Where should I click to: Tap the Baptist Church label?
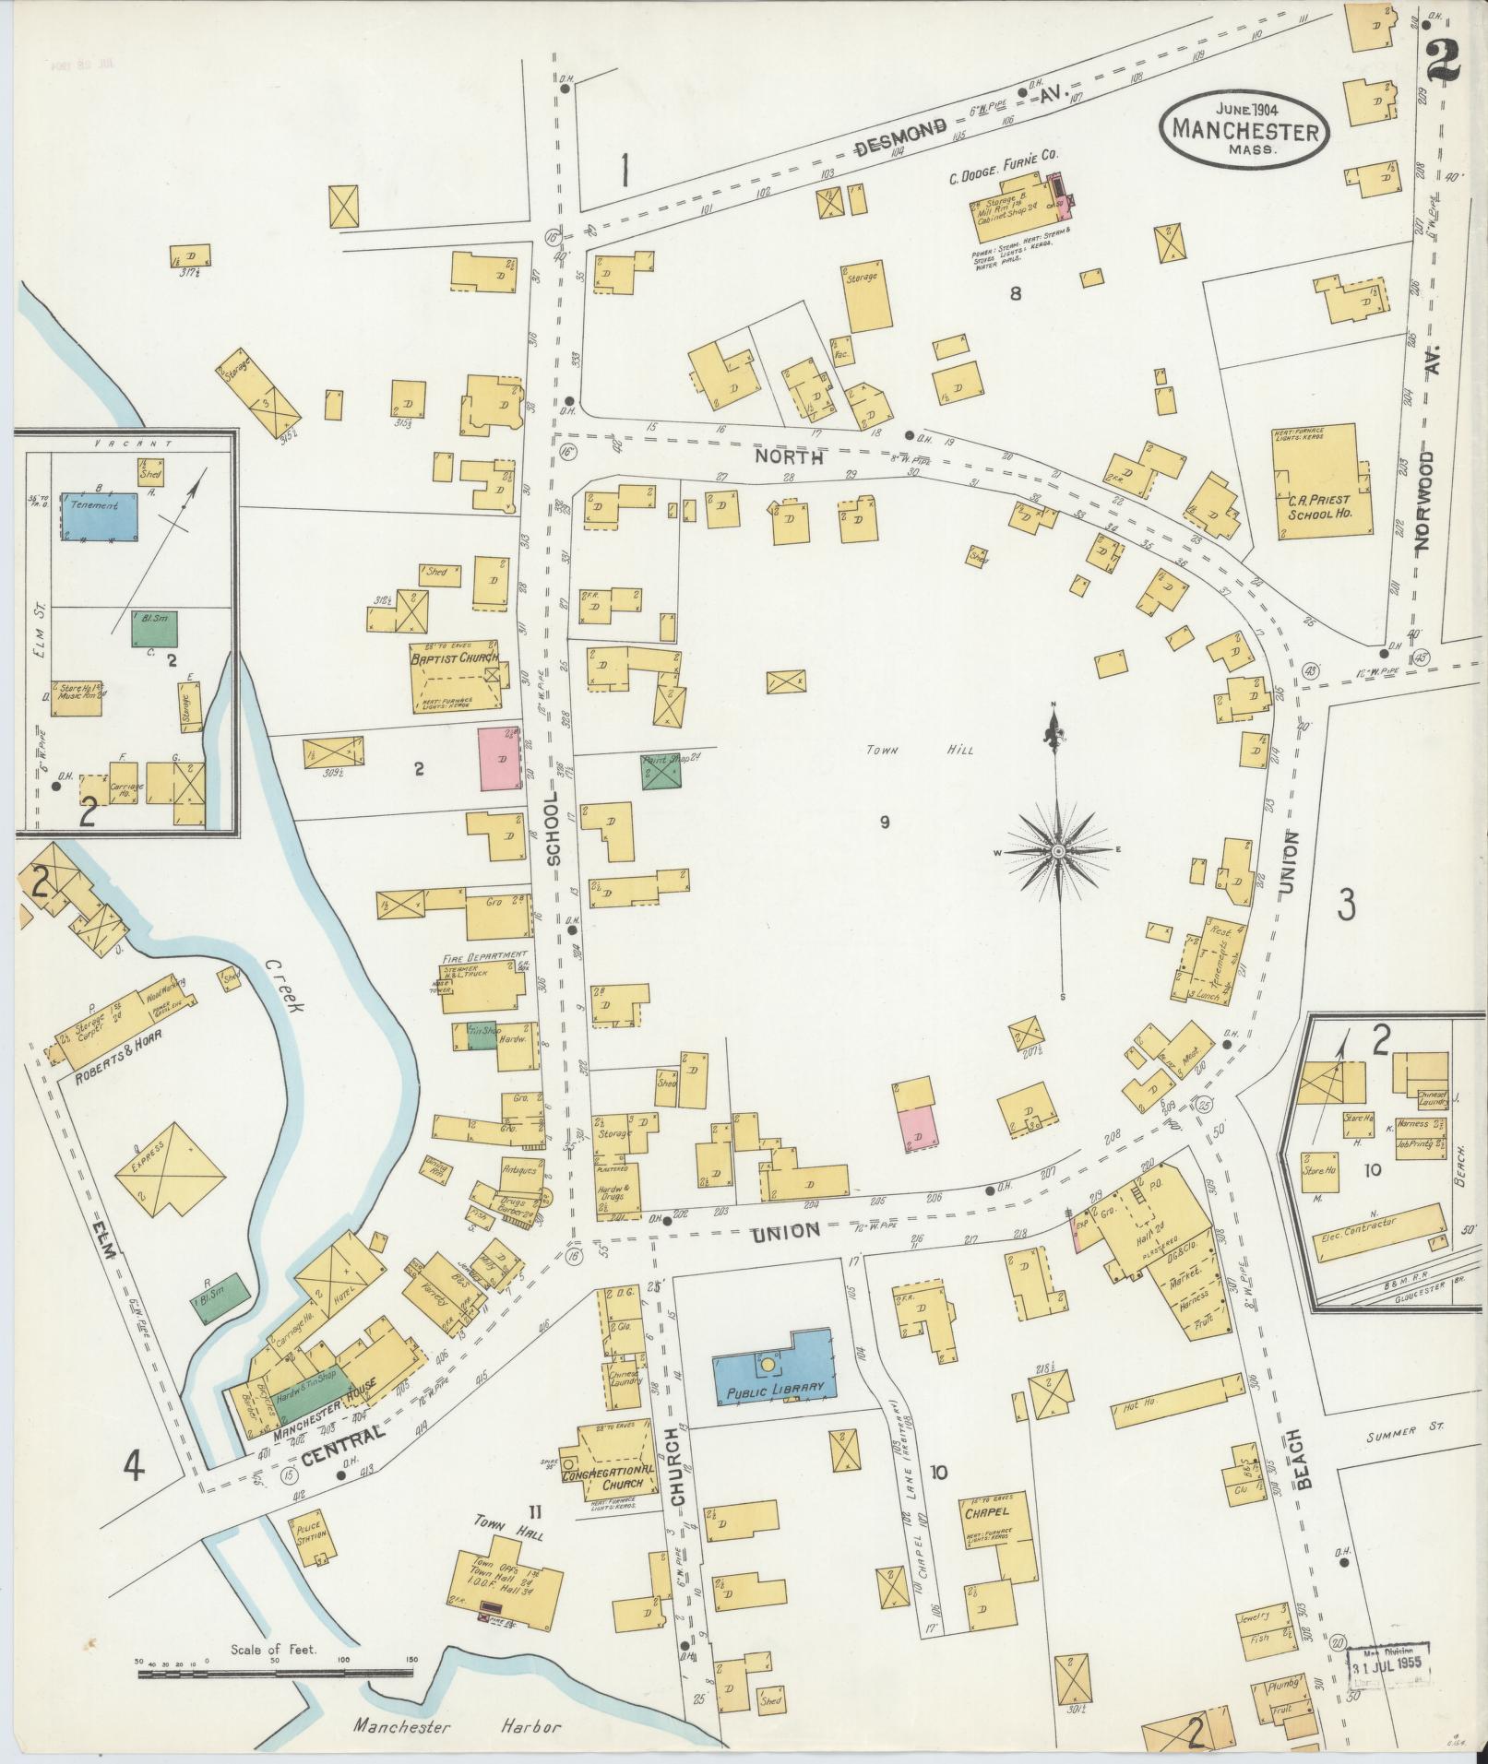pyautogui.click(x=455, y=657)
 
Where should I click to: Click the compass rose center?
pyautogui.click(x=1059, y=849)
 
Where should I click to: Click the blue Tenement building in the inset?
pyautogui.click(x=100, y=515)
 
